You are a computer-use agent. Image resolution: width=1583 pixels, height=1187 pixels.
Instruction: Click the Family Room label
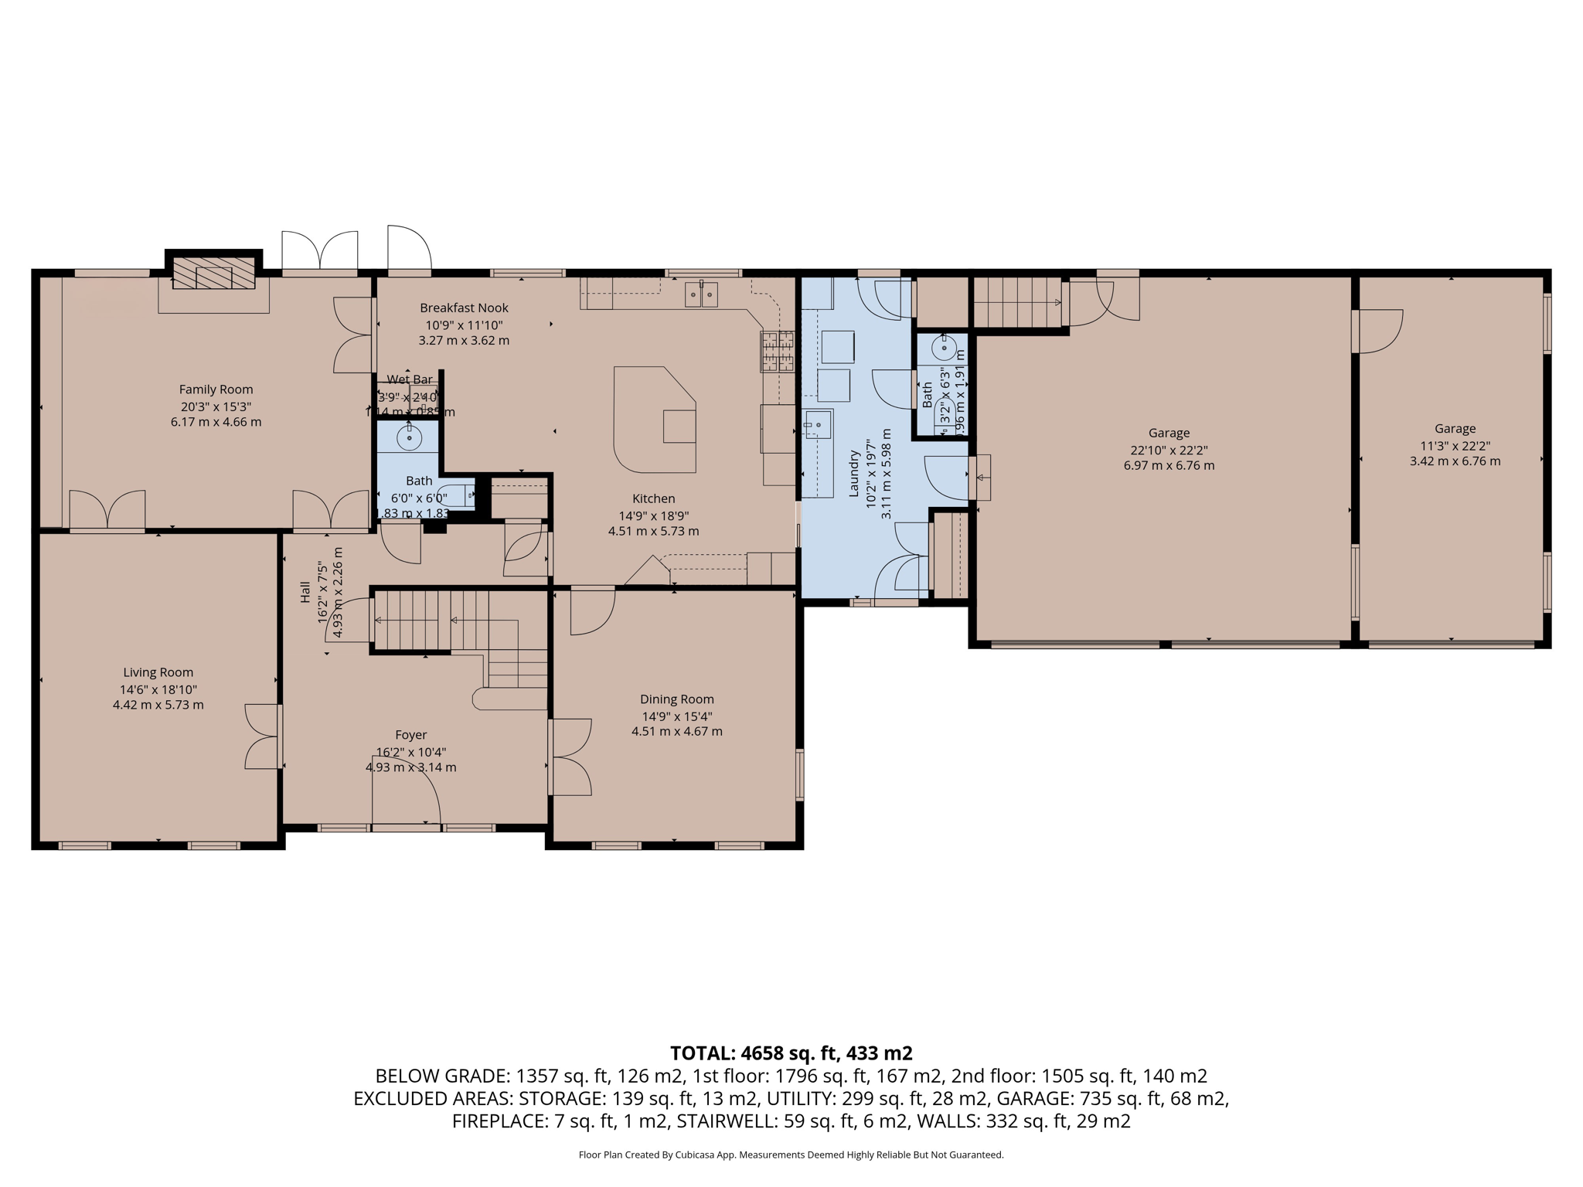(x=216, y=389)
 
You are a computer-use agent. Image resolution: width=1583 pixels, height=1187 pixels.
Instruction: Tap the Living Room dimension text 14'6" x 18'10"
(x=158, y=689)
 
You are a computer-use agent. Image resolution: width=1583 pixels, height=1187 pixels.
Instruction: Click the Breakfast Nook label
(x=464, y=308)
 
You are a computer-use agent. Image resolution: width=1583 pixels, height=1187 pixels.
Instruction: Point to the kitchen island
(x=653, y=421)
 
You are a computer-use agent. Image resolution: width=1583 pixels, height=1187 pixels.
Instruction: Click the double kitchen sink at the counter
(x=701, y=294)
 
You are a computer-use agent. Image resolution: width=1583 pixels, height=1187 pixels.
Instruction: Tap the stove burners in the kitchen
(x=778, y=352)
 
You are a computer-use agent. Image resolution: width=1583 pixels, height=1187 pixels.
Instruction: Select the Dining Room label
(x=676, y=699)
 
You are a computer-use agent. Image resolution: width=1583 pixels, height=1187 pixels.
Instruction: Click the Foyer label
(x=410, y=735)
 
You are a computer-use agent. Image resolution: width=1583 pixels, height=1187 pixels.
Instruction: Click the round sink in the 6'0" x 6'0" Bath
(x=409, y=438)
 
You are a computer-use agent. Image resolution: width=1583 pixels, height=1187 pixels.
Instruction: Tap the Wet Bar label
(x=410, y=379)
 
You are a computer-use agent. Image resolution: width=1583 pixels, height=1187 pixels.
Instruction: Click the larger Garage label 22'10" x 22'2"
(x=1169, y=434)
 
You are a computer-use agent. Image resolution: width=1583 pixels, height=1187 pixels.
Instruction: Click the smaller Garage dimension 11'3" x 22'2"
(x=1455, y=446)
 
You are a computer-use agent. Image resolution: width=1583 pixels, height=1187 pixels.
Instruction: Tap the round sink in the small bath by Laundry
(x=944, y=348)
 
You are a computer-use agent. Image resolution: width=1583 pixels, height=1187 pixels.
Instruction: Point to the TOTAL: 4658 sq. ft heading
(x=791, y=1053)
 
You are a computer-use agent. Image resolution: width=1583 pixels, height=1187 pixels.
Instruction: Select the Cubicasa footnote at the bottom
(x=791, y=1155)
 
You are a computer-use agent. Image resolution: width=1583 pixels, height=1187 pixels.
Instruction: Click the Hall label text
(x=305, y=593)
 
